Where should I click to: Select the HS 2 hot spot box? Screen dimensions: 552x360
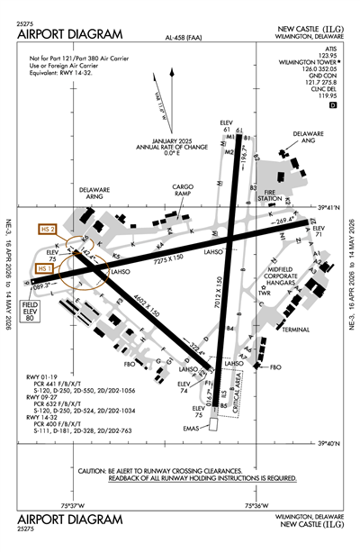[48, 230]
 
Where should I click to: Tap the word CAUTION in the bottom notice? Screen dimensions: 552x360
[96, 471]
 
